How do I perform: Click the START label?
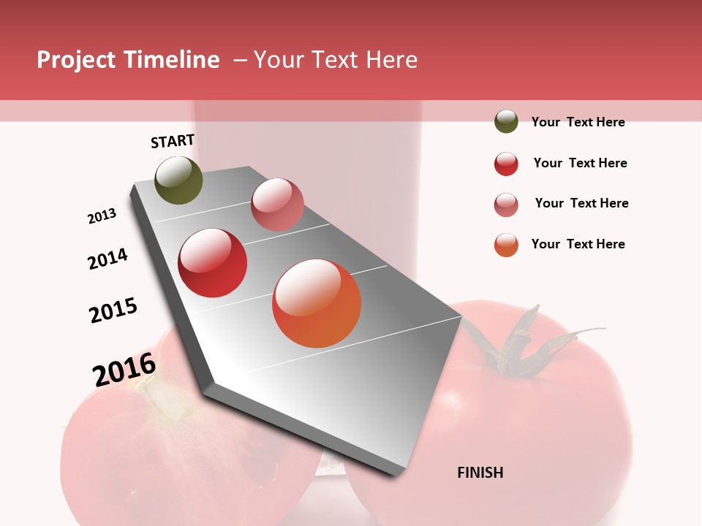click(x=173, y=141)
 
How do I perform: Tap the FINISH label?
click(x=480, y=473)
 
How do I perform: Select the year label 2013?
click(x=102, y=216)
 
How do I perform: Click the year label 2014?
click(x=108, y=259)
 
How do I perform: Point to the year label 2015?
click(x=113, y=310)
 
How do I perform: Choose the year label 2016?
click(x=124, y=370)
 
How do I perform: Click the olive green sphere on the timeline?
click(x=178, y=180)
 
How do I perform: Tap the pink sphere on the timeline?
click(x=277, y=205)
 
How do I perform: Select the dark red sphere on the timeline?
click(x=213, y=263)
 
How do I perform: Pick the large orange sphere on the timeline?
click(x=317, y=303)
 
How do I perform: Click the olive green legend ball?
click(x=506, y=122)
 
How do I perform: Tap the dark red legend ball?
click(x=506, y=164)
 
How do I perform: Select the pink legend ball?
click(x=506, y=205)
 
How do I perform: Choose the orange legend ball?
click(x=506, y=245)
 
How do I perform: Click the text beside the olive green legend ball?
click(x=578, y=122)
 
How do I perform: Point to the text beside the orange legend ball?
click(x=578, y=244)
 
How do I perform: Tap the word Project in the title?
click(x=77, y=60)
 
